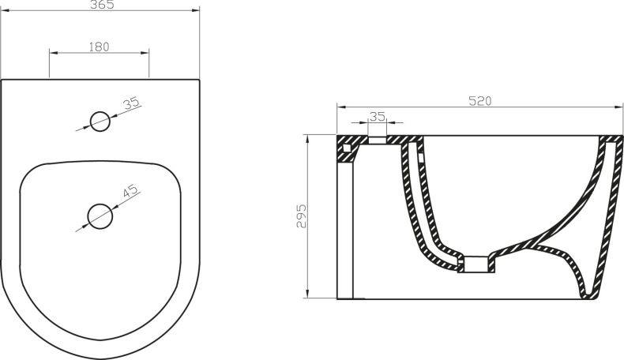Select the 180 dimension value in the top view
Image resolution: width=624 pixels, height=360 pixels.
[x=99, y=47]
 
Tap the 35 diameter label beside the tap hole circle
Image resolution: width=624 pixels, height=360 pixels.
[x=131, y=103]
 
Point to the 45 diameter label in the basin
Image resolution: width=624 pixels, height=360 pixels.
[x=130, y=190]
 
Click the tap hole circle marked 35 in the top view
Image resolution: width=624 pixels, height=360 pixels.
[x=100, y=122]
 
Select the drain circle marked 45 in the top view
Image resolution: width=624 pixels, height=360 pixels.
[x=99, y=215]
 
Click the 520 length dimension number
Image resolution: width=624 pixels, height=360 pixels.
[x=480, y=100]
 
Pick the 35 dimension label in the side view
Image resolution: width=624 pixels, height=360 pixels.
[x=378, y=116]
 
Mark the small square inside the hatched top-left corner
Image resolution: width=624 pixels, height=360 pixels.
[x=346, y=147]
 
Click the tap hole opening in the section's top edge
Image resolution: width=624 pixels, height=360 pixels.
[x=378, y=140]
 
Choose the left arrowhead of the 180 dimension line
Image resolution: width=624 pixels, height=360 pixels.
[x=53, y=54]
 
